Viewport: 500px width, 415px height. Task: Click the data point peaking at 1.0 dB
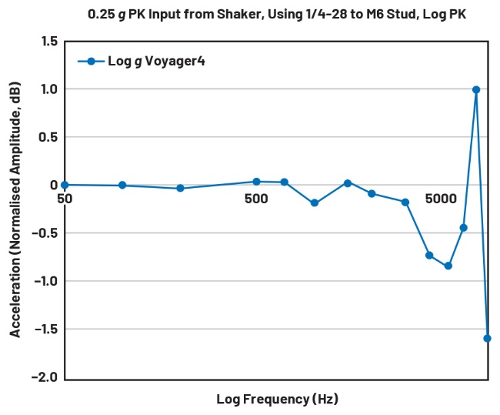[476, 89]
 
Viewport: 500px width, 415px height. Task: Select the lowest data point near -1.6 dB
[487, 338]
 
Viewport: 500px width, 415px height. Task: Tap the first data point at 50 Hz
[65, 185]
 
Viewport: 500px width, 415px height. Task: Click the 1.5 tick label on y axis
[48, 41]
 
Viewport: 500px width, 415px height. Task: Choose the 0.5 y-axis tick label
[48, 137]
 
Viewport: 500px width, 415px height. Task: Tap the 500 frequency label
[256, 199]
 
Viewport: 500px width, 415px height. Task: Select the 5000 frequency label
[442, 199]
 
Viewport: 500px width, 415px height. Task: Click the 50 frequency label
[65, 199]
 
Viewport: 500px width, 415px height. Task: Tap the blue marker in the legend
[91, 62]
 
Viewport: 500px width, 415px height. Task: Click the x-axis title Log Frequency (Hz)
[277, 399]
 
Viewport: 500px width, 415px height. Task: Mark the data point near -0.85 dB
[448, 266]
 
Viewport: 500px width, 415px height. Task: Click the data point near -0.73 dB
[429, 255]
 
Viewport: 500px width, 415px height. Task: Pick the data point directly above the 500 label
[256, 182]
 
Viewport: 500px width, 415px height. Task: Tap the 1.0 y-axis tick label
[48, 89]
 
